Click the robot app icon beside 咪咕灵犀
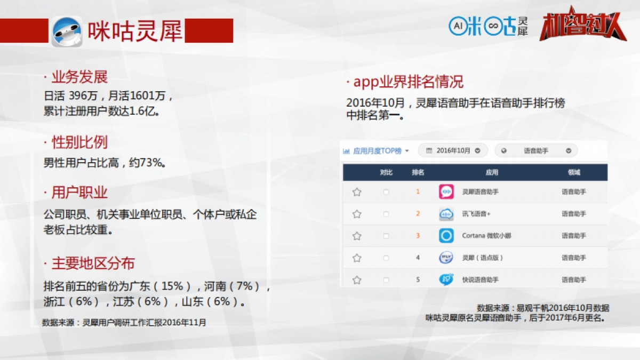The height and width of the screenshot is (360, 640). [67, 31]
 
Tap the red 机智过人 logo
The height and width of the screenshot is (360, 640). [582, 26]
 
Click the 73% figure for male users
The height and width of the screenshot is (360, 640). [151, 163]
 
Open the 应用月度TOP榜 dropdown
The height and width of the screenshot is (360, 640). [377, 151]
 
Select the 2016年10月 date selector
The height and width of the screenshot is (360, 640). [453, 151]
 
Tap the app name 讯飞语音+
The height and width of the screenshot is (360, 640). [476, 214]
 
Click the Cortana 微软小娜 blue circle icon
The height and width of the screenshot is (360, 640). [446, 236]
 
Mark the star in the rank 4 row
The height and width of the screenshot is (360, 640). [357, 258]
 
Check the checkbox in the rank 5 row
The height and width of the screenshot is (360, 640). [386, 280]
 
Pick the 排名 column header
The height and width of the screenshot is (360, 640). [418, 172]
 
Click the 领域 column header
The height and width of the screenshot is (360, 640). [574, 172]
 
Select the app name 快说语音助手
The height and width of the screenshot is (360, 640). [481, 280]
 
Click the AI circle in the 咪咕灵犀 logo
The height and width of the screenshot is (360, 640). [457, 25]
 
